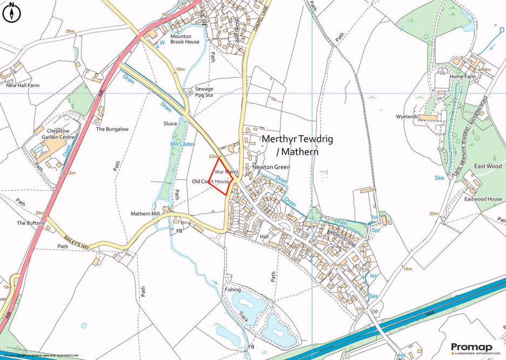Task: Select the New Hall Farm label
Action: [x=19, y=85]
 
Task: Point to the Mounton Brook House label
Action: [x=185, y=39]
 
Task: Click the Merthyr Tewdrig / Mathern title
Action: [x=297, y=145]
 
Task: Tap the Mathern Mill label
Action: [x=147, y=214]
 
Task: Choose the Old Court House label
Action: [x=211, y=182]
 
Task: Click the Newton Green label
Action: [x=271, y=167]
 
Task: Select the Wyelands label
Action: [x=407, y=117]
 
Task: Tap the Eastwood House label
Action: [x=483, y=199]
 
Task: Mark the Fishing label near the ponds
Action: [x=233, y=290]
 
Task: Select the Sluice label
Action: [x=170, y=124]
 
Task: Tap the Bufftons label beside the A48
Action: [x=30, y=223]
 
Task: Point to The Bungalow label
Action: [x=112, y=130]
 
